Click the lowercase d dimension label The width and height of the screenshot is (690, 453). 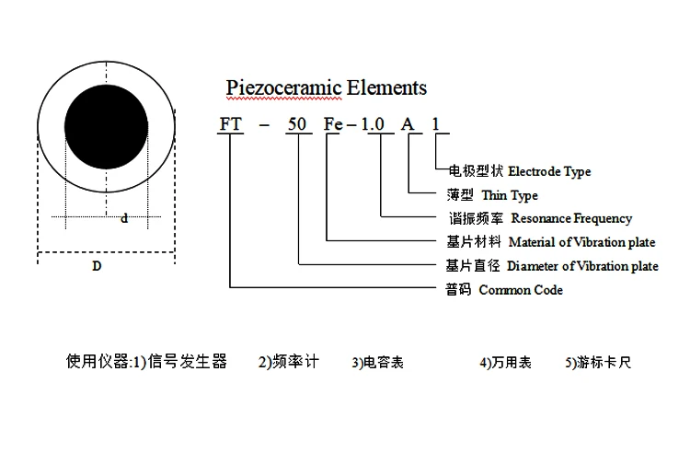pos(124,219)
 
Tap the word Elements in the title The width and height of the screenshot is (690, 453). pos(387,88)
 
